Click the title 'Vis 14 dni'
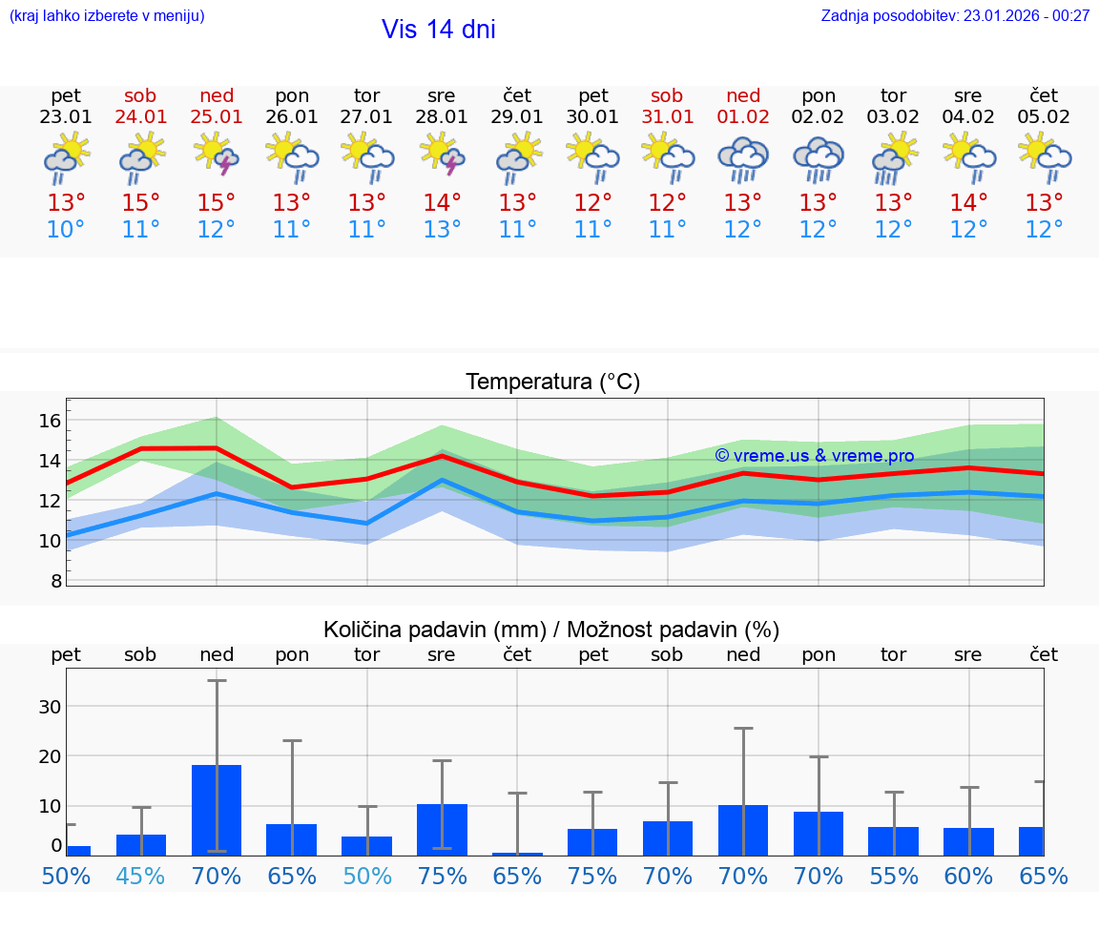[x=438, y=30]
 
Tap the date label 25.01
[x=217, y=117]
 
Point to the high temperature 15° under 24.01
[x=141, y=203]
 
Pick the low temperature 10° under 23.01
[x=66, y=230]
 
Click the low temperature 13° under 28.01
[x=442, y=230]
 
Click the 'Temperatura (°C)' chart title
[x=552, y=382]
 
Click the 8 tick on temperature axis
[x=56, y=580]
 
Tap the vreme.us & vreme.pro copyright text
[x=814, y=456]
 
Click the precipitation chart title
[x=551, y=630]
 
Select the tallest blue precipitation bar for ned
[x=217, y=810]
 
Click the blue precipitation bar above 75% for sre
[x=442, y=829]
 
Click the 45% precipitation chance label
[x=141, y=876]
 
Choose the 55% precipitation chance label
[x=894, y=876]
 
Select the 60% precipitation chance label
[x=968, y=876]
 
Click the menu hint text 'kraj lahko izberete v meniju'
[x=107, y=16]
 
